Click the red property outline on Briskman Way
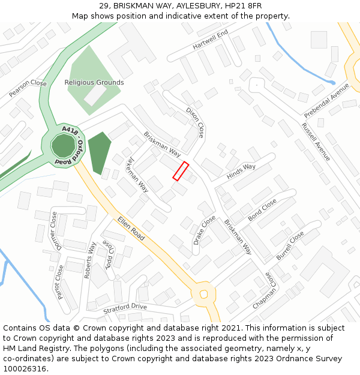tap(181, 171)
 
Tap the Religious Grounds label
tap(94, 82)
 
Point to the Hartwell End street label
tap(211, 40)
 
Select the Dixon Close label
tap(196, 122)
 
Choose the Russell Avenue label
tap(316, 142)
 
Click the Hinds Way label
tap(241, 171)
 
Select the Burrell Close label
tap(290, 245)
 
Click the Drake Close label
tap(204, 230)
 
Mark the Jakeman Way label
tap(137, 174)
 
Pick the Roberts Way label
tap(90, 260)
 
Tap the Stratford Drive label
tap(125, 308)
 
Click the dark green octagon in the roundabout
tap(62, 146)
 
